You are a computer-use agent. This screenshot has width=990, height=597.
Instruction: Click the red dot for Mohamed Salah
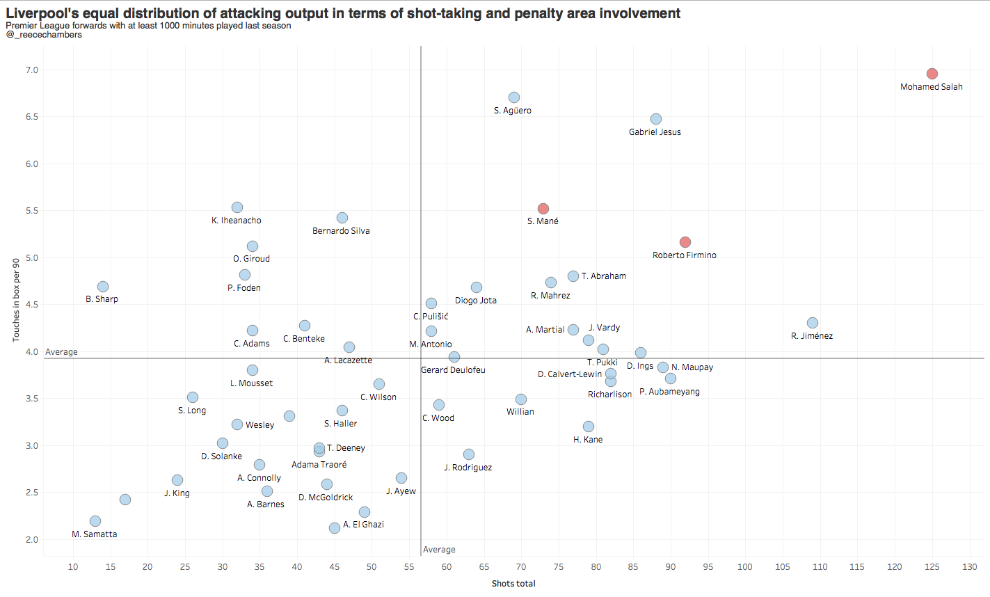pos(932,74)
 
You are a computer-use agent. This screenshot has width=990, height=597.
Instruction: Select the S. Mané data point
pos(543,209)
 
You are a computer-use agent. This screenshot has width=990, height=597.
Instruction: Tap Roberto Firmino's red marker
pos(685,242)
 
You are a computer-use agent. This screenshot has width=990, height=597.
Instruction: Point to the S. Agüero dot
pos(514,97)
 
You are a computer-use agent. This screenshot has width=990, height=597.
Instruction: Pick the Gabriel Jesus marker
pos(656,119)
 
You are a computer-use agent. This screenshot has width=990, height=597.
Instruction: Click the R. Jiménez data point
pos(813,323)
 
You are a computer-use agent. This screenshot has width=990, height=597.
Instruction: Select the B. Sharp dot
pos(103,287)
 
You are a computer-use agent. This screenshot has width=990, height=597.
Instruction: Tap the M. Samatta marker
pos(95,521)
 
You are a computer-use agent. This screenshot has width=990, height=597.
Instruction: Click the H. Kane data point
pos(589,427)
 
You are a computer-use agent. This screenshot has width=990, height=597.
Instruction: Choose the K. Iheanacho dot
pos(237,207)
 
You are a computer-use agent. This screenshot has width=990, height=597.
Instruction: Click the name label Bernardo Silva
pos(341,231)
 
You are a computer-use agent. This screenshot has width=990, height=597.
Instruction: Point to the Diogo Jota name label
pos(476,301)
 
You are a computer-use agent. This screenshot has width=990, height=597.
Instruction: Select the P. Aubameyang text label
pos(669,392)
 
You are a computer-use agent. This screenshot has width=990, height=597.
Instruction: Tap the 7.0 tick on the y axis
pos(32,70)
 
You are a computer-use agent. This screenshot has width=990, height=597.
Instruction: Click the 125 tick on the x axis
pos(932,567)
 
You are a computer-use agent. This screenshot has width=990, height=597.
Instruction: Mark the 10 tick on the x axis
pos(73,567)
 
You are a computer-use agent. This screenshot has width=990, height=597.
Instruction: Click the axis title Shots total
pos(513,584)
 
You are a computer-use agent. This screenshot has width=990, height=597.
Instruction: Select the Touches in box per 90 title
pos(16,300)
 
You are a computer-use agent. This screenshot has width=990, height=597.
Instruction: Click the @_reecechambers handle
pos(44,35)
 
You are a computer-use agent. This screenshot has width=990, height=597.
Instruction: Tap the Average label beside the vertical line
pos(439,550)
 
